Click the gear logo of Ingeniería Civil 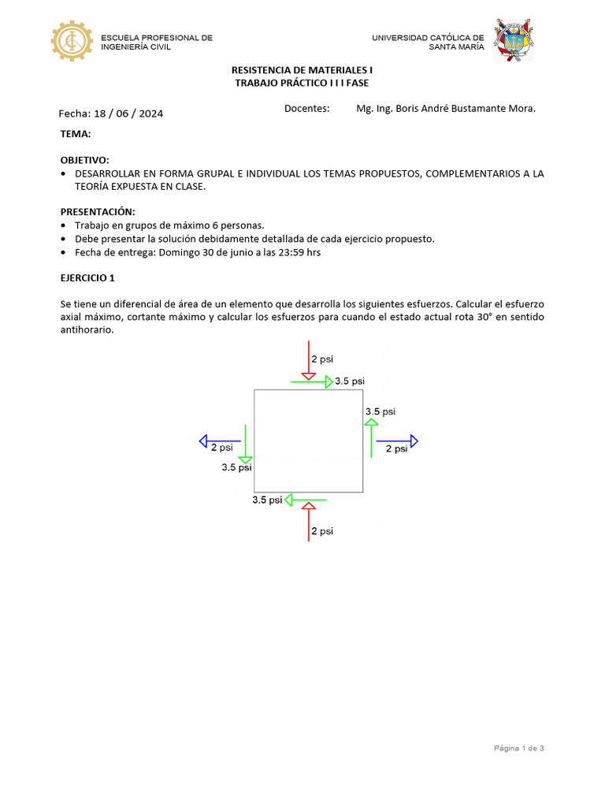pyautogui.click(x=72, y=41)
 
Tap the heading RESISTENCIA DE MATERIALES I pyautogui.click(x=302, y=70)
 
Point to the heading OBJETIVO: pyautogui.click(x=85, y=160)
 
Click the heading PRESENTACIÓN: pyautogui.click(x=98, y=212)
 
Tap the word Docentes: pyautogui.click(x=306, y=109)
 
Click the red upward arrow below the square pyautogui.click(x=309, y=520)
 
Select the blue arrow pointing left pyautogui.click(x=220, y=441)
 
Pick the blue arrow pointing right pyautogui.click(x=397, y=441)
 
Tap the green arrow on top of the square pyautogui.click(x=312, y=381)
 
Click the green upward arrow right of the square pyautogui.click(x=370, y=437)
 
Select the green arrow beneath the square pyautogui.click(x=306, y=500)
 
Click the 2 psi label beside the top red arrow pyautogui.click(x=322, y=359)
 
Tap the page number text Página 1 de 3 pyautogui.click(x=518, y=748)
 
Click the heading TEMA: pyautogui.click(x=76, y=134)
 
